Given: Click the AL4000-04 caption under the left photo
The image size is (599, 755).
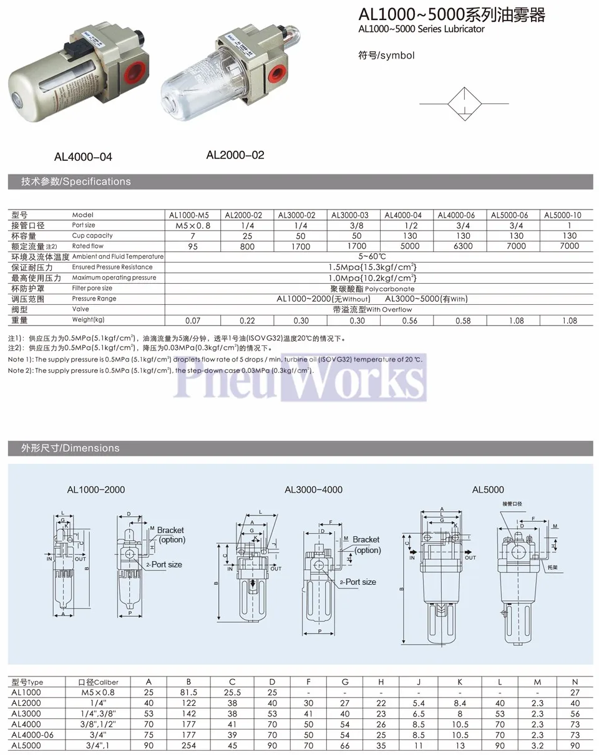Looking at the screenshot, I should point(83,157).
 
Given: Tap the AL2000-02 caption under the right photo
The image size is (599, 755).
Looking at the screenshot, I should point(235,155).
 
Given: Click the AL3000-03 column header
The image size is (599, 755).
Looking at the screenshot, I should point(349,215).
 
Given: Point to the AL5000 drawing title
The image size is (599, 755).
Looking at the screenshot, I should point(488,489).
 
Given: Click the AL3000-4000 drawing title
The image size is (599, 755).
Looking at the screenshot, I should point(313,489).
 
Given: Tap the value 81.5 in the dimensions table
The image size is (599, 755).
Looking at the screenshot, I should point(188,692).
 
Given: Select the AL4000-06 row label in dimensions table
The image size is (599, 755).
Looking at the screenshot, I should point(32,734).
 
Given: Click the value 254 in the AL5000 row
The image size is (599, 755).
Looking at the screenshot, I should point(188,745).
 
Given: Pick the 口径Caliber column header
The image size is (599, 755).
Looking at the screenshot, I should point(98,681).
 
